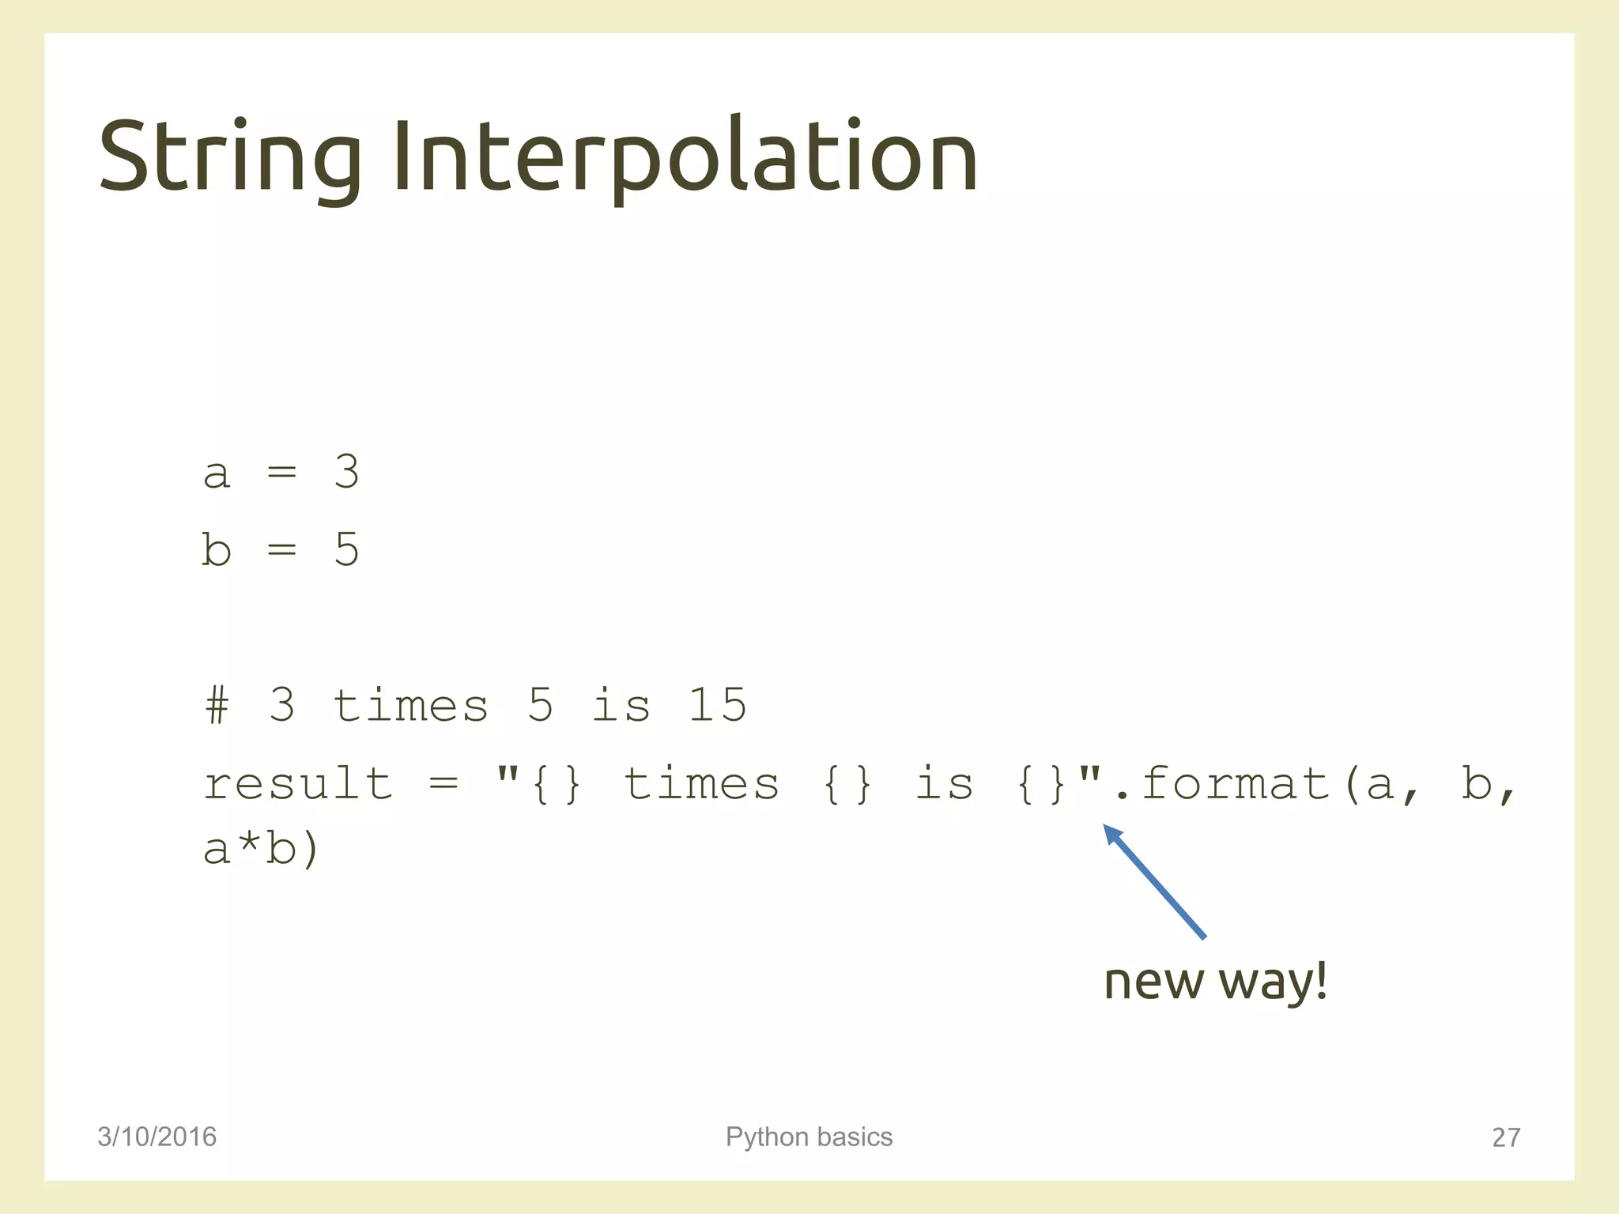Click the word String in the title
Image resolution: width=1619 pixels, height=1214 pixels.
tap(229, 156)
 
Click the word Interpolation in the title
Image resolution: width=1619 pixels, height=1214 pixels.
tap(685, 156)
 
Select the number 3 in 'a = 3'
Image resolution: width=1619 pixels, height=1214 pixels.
tap(346, 472)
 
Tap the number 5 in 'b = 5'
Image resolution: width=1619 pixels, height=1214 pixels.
tap(346, 549)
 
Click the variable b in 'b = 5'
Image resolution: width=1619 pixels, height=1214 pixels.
tap(216, 549)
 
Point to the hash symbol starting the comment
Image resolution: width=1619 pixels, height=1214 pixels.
tap(217, 705)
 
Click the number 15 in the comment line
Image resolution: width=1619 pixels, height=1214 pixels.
tap(717, 705)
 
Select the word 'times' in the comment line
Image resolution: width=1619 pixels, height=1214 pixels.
tap(410, 705)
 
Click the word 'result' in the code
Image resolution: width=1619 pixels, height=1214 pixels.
tap(298, 784)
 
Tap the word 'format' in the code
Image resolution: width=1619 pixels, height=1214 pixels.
tap(1236, 784)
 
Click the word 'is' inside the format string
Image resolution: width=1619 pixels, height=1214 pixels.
tap(944, 784)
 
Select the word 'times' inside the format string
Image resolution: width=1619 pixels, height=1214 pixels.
tap(701, 784)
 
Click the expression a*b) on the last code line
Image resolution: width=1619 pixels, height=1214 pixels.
tap(261, 850)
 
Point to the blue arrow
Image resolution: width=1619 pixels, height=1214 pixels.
tap(1154, 881)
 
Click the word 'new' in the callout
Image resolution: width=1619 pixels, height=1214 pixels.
tap(1153, 982)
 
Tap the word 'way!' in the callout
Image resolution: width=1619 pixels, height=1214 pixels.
tap(1273, 982)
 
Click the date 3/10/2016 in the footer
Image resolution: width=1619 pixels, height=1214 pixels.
tap(157, 1137)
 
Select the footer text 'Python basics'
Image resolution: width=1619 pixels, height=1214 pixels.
tap(809, 1137)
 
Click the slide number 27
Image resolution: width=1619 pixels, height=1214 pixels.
tap(1505, 1137)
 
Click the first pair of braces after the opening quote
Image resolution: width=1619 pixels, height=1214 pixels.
tap(557, 784)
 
